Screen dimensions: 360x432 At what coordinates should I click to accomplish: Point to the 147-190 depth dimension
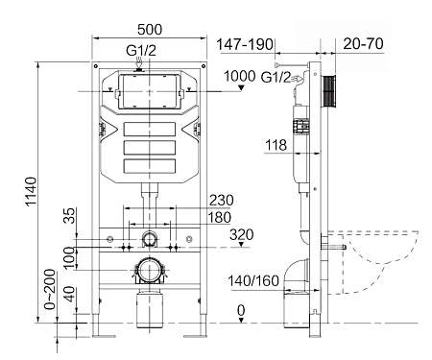click(245, 44)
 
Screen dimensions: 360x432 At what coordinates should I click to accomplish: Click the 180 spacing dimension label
click(220, 217)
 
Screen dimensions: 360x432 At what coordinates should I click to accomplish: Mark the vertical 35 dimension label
click(68, 215)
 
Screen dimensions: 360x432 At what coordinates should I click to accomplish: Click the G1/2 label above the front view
click(141, 51)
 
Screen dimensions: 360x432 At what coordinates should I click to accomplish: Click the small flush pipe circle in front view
click(150, 237)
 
